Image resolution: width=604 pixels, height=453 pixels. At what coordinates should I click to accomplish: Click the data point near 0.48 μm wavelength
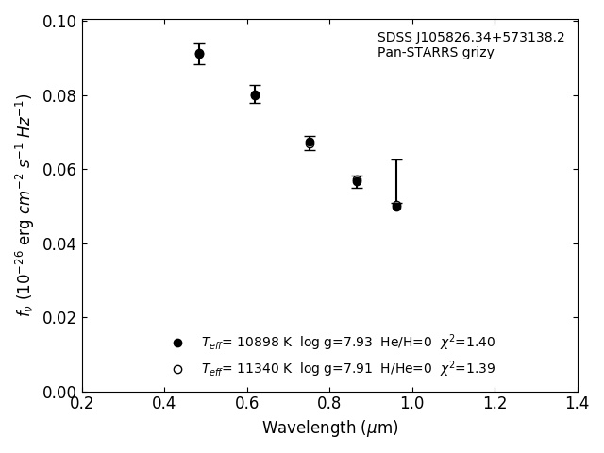pos(199,54)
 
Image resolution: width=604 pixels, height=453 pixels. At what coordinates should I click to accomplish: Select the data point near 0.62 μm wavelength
pos(255,95)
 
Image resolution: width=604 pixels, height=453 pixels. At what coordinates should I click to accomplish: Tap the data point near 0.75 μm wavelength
pos(310,143)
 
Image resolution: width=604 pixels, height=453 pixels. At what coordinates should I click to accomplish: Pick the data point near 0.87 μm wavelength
pos(357,181)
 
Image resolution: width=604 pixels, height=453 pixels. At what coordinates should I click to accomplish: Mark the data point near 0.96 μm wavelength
pos(396,206)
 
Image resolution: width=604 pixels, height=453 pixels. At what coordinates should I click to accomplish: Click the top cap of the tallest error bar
pos(396,160)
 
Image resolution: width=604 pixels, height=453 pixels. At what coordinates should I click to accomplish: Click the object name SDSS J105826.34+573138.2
pos(471,38)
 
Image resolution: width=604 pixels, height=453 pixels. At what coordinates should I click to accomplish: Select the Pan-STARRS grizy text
pos(436,53)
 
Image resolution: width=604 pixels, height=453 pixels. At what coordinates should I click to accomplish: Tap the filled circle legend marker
pos(177,343)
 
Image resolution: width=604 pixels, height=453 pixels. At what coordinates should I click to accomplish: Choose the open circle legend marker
pos(177,369)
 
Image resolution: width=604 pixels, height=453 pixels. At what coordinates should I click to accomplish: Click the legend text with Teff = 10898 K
pos(347,343)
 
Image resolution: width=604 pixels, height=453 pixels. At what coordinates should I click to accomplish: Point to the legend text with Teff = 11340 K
pos(347,369)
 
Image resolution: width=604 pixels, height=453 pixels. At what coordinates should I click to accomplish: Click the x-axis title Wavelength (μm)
pos(330,428)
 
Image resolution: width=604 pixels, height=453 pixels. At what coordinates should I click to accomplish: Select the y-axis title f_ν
pos(25,205)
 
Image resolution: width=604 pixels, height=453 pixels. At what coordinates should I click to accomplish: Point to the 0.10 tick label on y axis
pos(59,22)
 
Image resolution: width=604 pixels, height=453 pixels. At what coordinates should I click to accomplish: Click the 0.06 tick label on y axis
pos(59,170)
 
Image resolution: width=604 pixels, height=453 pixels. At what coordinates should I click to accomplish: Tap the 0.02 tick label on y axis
pos(59,318)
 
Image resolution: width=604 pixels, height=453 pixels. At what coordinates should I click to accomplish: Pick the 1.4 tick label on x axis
pos(577,404)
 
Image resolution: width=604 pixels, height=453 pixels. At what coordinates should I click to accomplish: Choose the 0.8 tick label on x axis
pos(329,404)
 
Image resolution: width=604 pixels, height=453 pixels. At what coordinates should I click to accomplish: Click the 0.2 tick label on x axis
pos(82,404)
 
